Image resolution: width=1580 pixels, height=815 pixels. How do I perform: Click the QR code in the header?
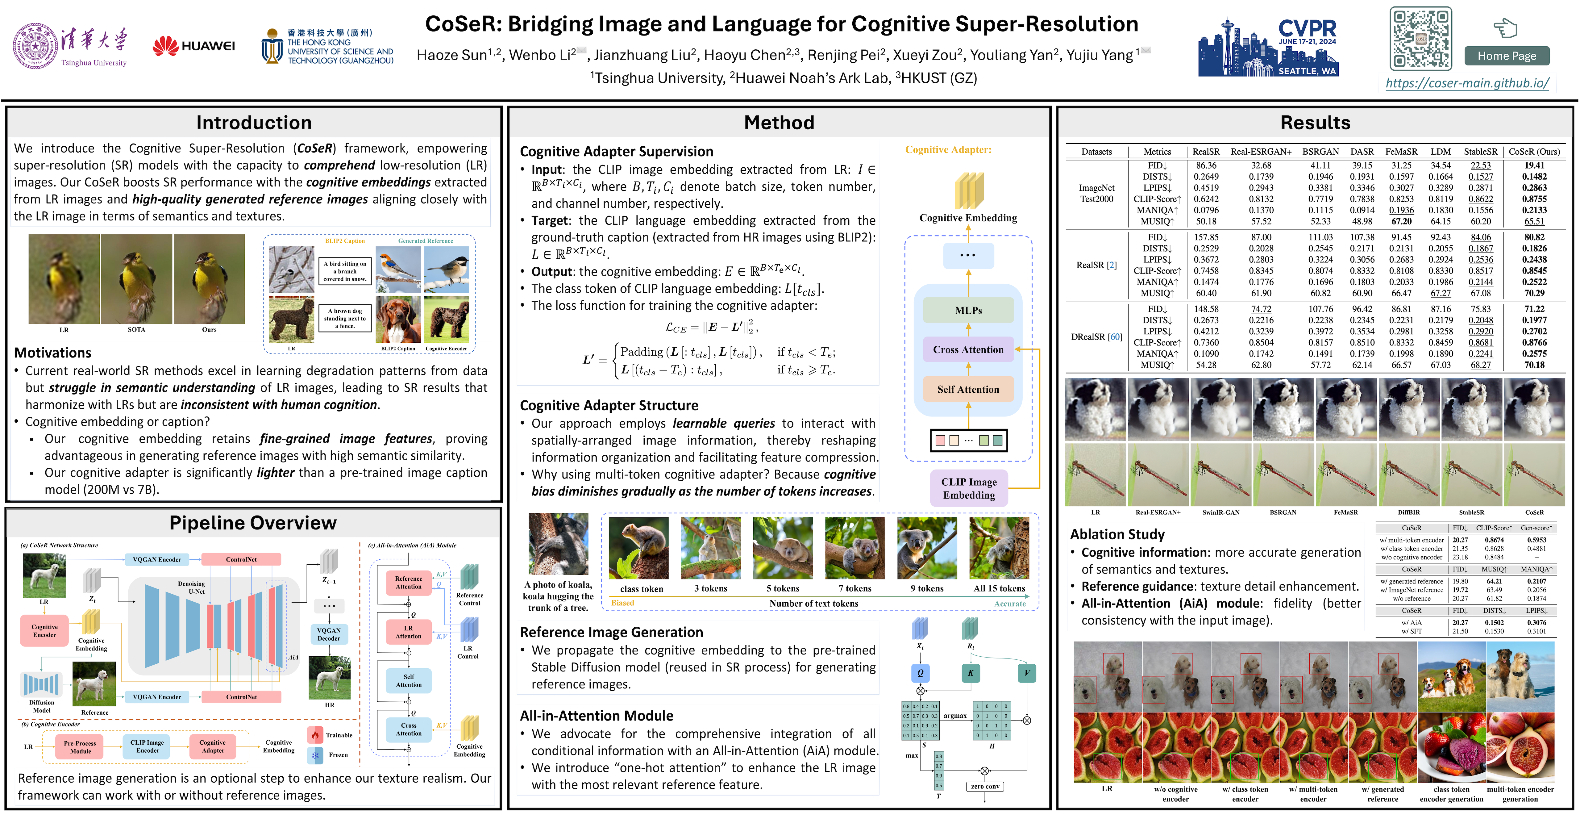click(x=1420, y=39)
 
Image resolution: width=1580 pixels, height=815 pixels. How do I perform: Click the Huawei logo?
click(x=194, y=46)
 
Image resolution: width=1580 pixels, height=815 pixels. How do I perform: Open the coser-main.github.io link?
click(x=1467, y=83)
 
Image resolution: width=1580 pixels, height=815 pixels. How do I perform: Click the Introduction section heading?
click(x=254, y=123)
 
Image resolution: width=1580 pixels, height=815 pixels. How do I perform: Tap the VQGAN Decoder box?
click(x=329, y=634)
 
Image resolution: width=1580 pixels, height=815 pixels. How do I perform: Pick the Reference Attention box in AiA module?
click(x=409, y=583)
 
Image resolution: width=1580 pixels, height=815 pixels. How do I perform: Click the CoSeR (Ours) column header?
click(x=1534, y=152)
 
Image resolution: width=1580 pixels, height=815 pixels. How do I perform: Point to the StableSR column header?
click(x=1480, y=152)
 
